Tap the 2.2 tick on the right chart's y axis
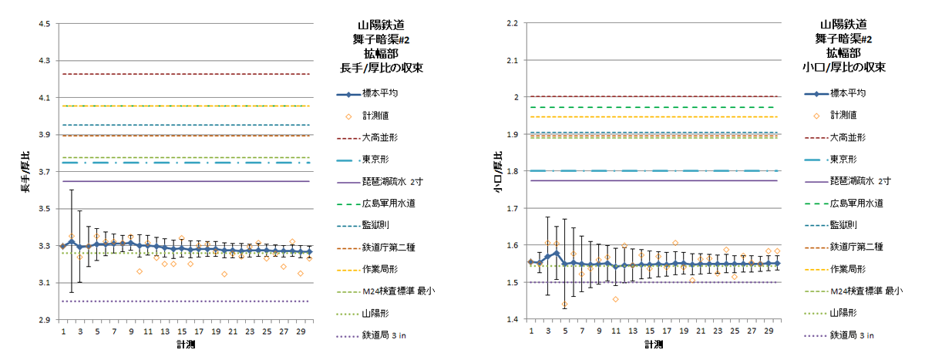click(x=512, y=24)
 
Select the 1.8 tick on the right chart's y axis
click(x=512, y=172)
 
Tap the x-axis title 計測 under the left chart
click(x=186, y=345)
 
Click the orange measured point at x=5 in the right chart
click(x=564, y=304)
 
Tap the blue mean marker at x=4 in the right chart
click(x=556, y=254)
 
